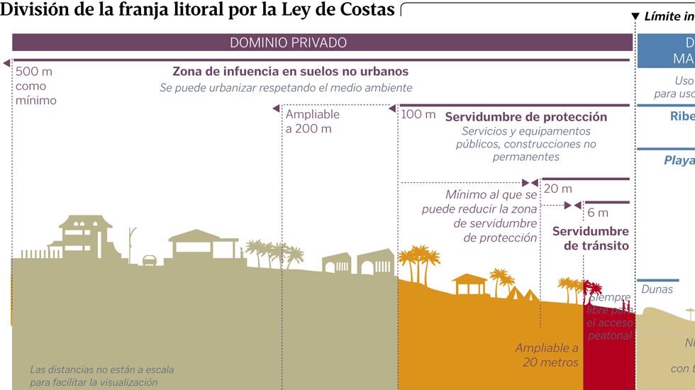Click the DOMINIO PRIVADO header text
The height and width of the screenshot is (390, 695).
pyautogui.click(x=288, y=43)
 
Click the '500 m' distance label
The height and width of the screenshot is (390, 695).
pyautogui.click(x=34, y=72)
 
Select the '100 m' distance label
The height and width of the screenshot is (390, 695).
pyautogui.click(x=418, y=114)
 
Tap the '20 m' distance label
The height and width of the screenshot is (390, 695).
pyautogui.click(x=557, y=189)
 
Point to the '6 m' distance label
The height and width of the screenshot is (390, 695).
pyautogui.click(x=597, y=213)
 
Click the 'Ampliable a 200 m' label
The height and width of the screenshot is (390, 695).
pyautogui.click(x=312, y=121)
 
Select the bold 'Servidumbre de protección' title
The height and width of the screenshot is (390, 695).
pyautogui.click(x=526, y=117)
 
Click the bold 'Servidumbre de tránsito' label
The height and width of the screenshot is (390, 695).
pyautogui.click(x=590, y=239)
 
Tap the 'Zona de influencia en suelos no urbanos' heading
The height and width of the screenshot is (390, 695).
pyautogui.click(x=290, y=72)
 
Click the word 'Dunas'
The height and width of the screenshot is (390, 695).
pyautogui.click(x=657, y=289)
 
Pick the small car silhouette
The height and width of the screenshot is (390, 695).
pyautogui.click(x=150, y=260)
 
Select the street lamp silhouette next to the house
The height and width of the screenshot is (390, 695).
pyautogui.click(x=130, y=243)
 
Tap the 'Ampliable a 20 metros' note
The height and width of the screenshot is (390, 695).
pyautogui.click(x=547, y=355)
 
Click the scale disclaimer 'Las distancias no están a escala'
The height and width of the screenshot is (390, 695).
pyautogui.click(x=101, y=369)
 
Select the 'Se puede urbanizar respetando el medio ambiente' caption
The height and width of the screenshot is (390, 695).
pyautogui.click(x=285, y=88)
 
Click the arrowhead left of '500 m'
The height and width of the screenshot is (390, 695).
pyautogui.click(x=7, y=64)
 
